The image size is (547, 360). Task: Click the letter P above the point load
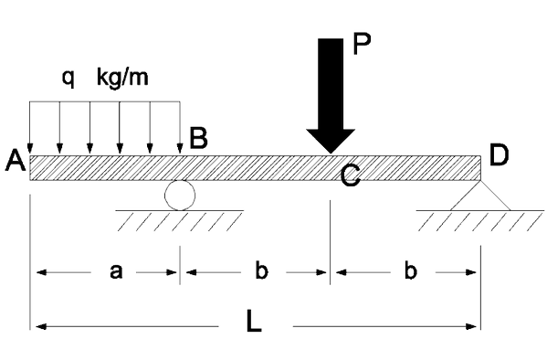tap(362, 44)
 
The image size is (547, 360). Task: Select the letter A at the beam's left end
tap(16, 160)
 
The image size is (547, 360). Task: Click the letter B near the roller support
tap(198, 138)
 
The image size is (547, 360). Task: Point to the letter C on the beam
tap(350, 175)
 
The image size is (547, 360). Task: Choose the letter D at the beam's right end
tap(500, 154)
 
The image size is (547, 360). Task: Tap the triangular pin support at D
tap(480, 196)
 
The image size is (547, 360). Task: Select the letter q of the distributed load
tap(68, 79)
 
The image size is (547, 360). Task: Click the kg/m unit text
tap(122, 77)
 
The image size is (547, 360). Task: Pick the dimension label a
tap(116, 272)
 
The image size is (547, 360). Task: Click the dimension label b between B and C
tap(262, 270)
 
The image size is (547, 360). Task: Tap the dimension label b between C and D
tap(411, 270)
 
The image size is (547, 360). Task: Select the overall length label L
tap(254, 320)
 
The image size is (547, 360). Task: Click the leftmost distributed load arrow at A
tap(29, 127)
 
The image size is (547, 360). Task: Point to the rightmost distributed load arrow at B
tap(180, 127)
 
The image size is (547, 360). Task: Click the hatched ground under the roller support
tap(180, 221)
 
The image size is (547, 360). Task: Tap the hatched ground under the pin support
tap(480, 221)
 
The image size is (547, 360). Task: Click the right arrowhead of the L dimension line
tap(471, 327)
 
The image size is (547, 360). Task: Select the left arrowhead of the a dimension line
tap(41, 272)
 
